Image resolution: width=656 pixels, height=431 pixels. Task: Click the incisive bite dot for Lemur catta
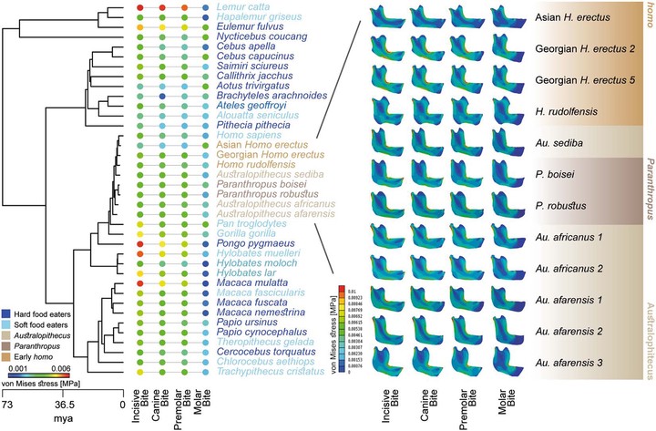139,8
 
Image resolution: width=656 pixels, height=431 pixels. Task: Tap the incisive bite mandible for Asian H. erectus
374,20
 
